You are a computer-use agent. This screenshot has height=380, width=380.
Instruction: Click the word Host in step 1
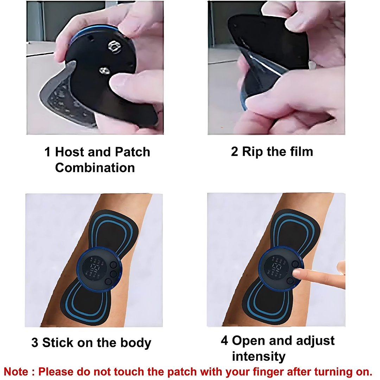point(70,152)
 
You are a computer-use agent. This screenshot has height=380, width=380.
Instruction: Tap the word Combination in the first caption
point(95,167)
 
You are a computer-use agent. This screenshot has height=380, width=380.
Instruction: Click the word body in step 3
point(135,342)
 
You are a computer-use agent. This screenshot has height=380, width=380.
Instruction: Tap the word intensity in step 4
point(259,356)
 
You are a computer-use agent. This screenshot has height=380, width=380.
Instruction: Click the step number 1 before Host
point(48,152)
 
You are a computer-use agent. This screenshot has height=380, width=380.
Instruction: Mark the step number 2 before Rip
point(234,152)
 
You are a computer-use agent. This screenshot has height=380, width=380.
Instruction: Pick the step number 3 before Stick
point(35,342)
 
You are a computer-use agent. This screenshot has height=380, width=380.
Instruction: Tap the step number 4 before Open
point(224,341)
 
